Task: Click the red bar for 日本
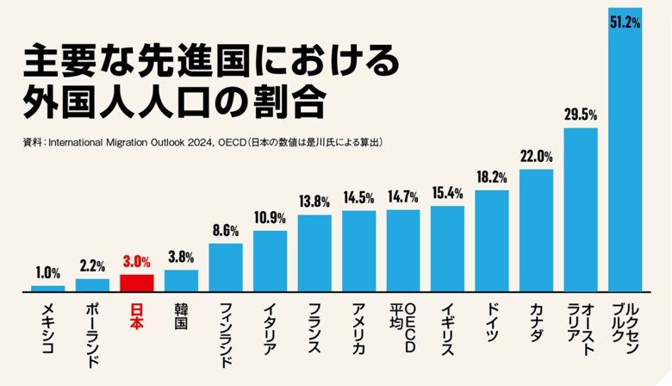click(137, 283)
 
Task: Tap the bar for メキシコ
click(48, 289)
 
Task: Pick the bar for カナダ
click(536, 231)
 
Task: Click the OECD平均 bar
click(403, 251)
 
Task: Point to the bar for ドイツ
click(492, 241)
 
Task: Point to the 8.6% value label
click(226, 230)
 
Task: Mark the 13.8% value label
click(314, 202)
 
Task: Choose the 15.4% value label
click(447, 192)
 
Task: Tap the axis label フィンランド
click(226, 334)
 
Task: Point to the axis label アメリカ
click(358, 327)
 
